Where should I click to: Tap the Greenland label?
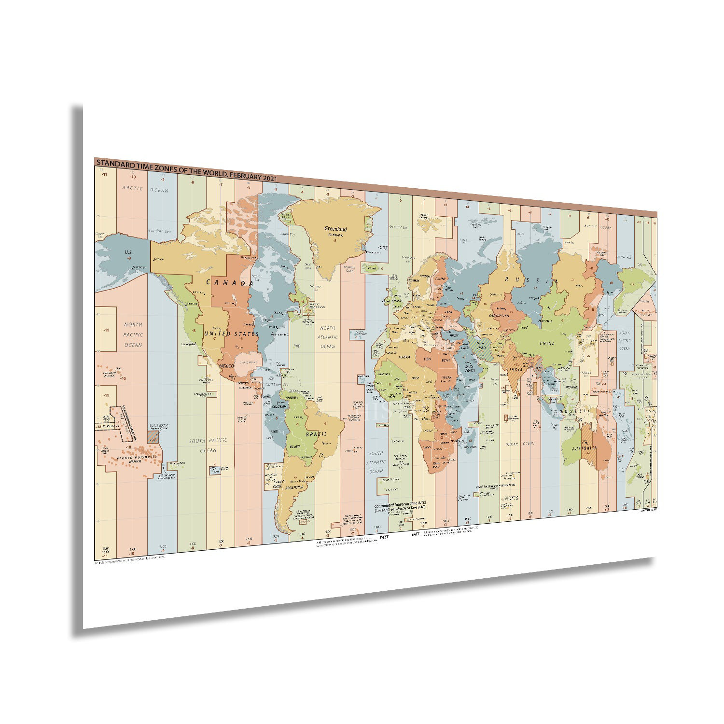pos(335,229)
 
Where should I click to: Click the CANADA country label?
pos(230,283)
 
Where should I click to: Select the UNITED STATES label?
pos(231,334)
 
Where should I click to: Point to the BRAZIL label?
pos(316,433)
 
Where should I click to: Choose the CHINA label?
pos(547,344)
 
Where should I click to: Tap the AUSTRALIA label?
pos(584,448)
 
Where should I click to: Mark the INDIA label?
pos(515,370)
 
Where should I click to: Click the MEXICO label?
pos(227,366)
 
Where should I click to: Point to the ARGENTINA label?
pos(294,487)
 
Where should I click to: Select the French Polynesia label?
pos(133,457)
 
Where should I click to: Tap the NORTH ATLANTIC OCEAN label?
pos(328,337)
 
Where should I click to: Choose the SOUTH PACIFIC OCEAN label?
pos(209,445)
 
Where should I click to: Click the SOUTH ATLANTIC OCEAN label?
pos(376,462)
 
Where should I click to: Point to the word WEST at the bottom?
pos(384,536)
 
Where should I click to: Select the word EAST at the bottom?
pos(416,535)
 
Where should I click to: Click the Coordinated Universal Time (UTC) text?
pos(401,503)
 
